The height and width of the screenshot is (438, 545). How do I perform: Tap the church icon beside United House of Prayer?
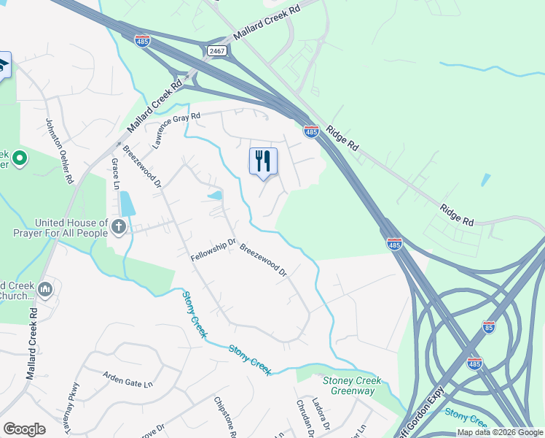(119, 227)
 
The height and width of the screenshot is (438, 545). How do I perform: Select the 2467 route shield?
(216, 50)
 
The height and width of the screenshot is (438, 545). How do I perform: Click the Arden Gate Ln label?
(128, 380)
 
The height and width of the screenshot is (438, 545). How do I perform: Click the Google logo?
(24, 429)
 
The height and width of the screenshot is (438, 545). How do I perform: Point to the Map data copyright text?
(500, 433)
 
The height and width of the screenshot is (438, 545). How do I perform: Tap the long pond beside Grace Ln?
(127, 203)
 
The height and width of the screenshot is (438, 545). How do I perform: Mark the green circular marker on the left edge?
(20, 157)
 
